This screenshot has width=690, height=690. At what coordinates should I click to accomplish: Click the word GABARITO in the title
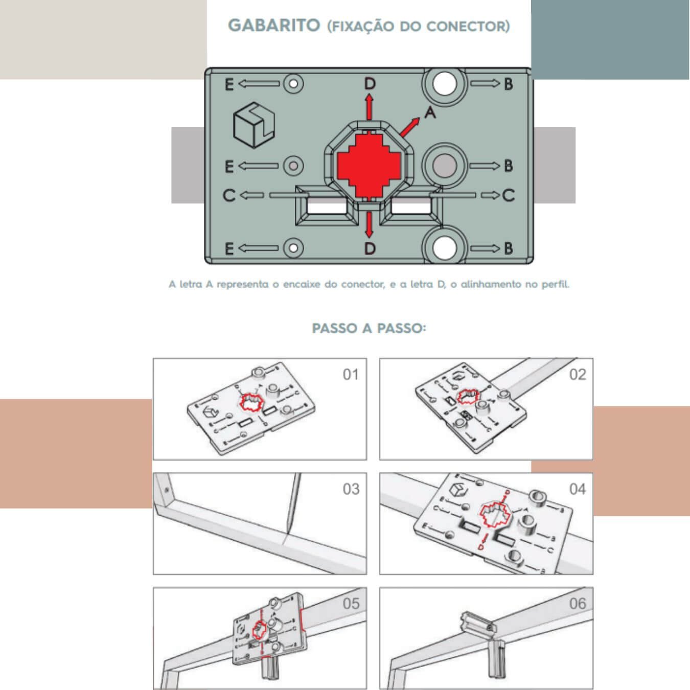pyautogui.click(x=274, y=25)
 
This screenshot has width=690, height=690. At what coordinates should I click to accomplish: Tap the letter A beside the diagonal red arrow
pyautogui.click(x=430, y=112)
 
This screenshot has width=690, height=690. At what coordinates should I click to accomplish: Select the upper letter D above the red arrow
pyautogui.click(x=370, y=83)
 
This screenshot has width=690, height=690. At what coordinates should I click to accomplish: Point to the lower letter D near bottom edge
pyautogui.click(x=370, y=248)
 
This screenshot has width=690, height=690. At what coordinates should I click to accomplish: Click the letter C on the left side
pyautogui.click(x=229, y=195)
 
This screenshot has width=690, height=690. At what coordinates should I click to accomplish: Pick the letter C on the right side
pyautogui.click(x=509, y=195)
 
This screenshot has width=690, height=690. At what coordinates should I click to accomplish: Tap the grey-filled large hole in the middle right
pyautogui.click(x=444, y=166)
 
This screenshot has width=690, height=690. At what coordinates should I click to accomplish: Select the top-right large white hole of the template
pyautogui.click(x=444, y=83)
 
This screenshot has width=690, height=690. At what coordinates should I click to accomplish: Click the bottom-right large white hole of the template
pyautogui.click(x=444, y=248)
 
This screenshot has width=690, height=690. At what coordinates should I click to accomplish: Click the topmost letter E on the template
pyautogui.click(x=229, y=84)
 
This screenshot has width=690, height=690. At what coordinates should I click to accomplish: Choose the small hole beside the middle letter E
pyautogui.click(x=293, y=166)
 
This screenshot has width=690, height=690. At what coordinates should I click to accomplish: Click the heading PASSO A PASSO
pyautogui.click(x=369, y=328)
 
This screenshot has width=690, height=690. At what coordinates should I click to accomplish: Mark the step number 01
pyautogui.click(x=351, y=375)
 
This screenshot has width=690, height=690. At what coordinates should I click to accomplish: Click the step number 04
pyautogui.click(x=578, y=489)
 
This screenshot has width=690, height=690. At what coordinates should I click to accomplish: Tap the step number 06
pyautogui.click(x=578, y=604)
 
